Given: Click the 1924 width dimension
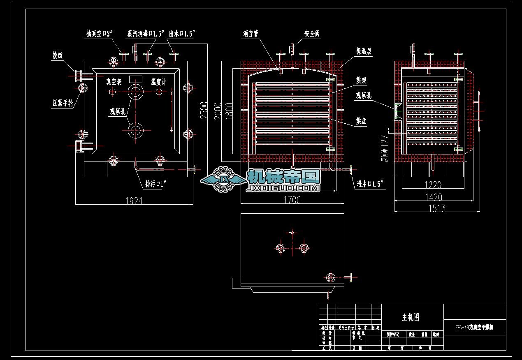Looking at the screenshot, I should (134, 201).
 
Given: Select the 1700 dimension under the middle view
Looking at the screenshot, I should (292, 200).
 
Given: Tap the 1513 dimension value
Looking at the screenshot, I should (436, 208).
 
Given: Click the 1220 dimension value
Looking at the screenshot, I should (432, 185).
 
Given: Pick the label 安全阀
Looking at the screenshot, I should (312, 34).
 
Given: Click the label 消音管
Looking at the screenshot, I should (251, 34).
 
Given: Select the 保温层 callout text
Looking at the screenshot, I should (364, 52).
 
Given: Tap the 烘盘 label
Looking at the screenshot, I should (362, 122).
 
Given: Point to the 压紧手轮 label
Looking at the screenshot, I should (63, 103).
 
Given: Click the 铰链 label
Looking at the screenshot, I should (58, 55).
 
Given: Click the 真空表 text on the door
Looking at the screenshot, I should (114, 82).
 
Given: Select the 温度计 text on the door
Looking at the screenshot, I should (158, 82).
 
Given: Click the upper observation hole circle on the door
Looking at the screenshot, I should (136, 92).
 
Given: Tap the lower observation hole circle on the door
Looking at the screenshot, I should (136, 130).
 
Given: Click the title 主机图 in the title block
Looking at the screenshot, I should (411, 317).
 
